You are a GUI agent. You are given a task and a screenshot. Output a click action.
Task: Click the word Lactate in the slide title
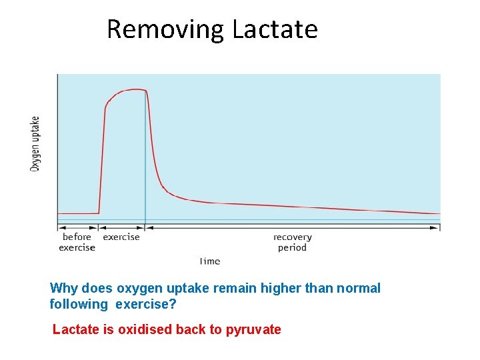coord(275,30)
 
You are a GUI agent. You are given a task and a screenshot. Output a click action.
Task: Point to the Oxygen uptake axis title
coord(35,143)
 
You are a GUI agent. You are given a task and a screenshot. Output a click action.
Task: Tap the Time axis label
coord(210,261)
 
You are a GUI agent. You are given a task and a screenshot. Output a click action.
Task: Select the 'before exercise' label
coord(77,242)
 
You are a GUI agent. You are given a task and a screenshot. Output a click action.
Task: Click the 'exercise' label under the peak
coord(121,237)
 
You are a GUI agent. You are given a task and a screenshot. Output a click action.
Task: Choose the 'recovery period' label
coord(292,242)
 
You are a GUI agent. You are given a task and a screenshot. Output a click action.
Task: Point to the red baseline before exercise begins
coord(78,213)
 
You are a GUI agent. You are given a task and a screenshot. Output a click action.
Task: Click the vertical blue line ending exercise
coord(145,167)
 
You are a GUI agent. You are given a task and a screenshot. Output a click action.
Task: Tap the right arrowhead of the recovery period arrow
coord(437,227)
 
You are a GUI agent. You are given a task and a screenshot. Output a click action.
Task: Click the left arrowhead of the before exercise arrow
coord(60,227)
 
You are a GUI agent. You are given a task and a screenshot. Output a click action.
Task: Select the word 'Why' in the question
coord(64,289)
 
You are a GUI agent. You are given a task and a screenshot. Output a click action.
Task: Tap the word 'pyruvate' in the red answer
coord(253,329)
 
